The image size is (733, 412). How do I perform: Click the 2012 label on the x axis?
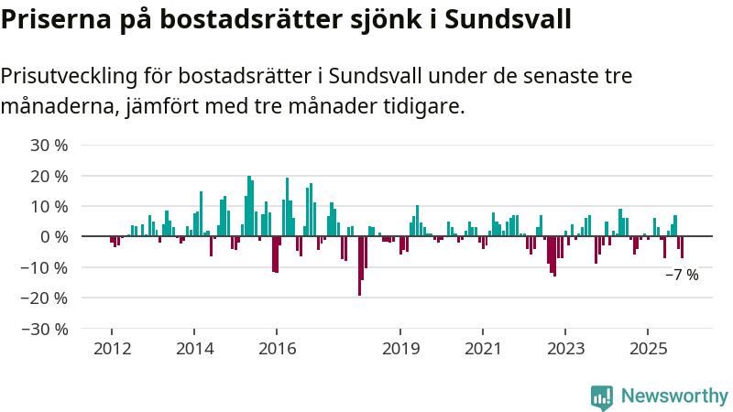(x=112, y=348)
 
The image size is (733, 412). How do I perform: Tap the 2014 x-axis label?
(x=194, y=348)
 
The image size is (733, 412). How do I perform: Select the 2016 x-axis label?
(x=277, y=348)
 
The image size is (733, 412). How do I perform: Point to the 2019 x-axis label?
(x=400, y=348)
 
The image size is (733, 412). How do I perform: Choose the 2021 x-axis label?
(x=483, y=348)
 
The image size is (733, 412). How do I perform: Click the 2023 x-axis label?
(x=565, y=348)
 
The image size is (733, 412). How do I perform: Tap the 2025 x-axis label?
(x=648, y=348)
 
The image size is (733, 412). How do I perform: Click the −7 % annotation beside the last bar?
(x=682, y=275)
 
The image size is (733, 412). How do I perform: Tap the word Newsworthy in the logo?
(x=674, y=396)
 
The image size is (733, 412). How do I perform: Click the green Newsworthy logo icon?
(x=602, y=396)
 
